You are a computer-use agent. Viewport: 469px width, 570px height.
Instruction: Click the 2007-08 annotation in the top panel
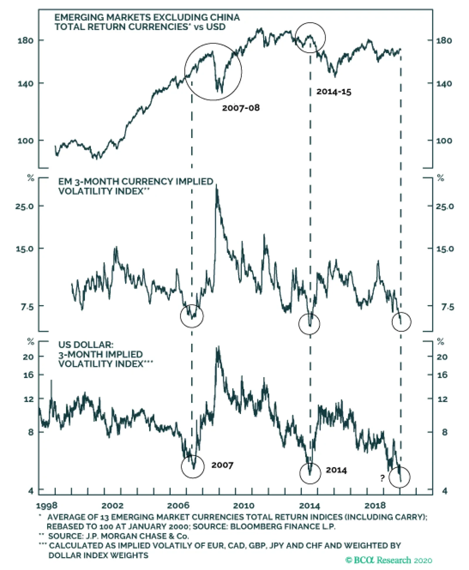click(241, 108)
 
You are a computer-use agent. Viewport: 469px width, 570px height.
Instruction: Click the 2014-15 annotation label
click(334, 92)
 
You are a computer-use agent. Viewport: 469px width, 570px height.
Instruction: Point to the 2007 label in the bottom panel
click(222, 465)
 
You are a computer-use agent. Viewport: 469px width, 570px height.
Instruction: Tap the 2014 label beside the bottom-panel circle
click(336, 470)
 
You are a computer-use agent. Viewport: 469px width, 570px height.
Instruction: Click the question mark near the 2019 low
click(382, 478)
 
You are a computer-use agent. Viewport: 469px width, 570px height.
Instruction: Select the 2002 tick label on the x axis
click(113, 506)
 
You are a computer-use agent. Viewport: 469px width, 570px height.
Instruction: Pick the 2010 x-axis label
click(244, 506)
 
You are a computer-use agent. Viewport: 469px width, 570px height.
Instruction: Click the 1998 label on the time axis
click(47, 506)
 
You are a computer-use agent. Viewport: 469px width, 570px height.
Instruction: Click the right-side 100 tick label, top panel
click(444, 141)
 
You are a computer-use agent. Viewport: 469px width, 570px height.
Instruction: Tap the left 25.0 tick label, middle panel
click(24, 206)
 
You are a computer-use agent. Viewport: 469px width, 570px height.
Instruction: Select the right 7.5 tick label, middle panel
click(448, 307)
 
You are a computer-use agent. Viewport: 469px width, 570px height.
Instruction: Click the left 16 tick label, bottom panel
click(28, 375)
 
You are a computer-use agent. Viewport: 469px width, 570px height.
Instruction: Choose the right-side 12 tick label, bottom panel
click(442, 399)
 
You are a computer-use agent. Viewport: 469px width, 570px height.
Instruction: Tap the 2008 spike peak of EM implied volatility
click(217, 185)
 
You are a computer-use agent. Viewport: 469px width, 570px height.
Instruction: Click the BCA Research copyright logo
click(389, 560)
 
